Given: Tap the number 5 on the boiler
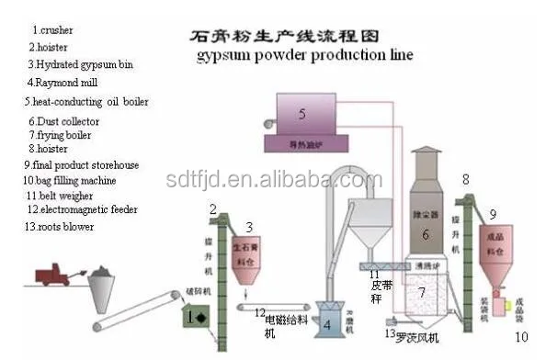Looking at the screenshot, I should tap(301, 115).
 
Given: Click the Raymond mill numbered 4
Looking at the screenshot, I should tap(328, 322).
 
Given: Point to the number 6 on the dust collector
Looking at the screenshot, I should tap(426, 235).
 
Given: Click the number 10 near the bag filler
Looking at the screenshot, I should tap(521, 337).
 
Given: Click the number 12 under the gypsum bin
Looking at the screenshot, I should tap(260, 312).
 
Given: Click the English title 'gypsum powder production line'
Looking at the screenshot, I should tap(304, 55).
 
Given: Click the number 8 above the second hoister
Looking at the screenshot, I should tap(465, 178).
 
